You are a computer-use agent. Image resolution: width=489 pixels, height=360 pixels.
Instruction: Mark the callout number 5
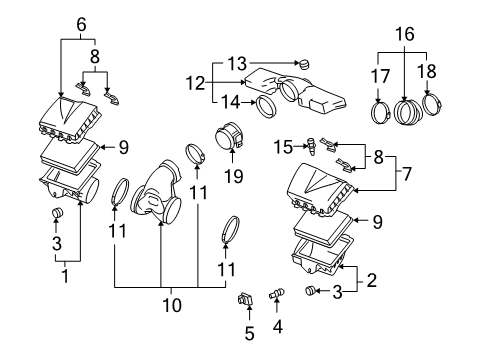250,332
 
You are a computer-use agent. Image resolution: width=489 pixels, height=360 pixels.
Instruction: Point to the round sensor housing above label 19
229,138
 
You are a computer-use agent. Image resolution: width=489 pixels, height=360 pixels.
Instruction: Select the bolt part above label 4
277,295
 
